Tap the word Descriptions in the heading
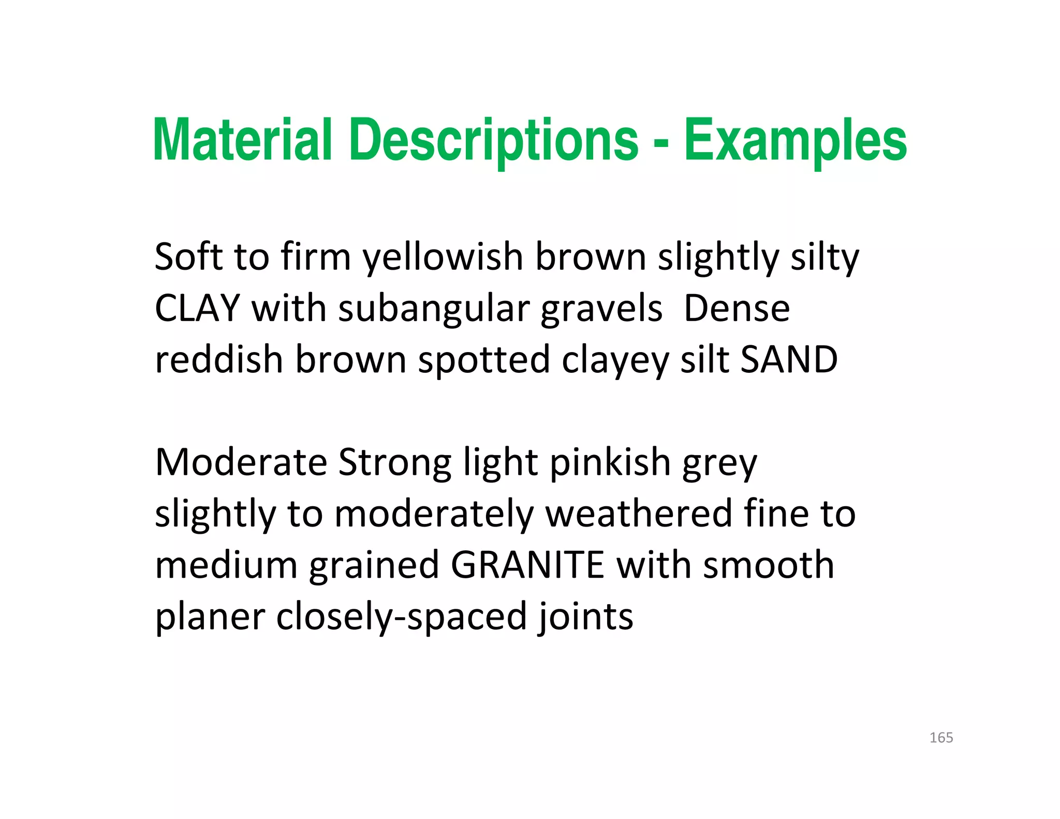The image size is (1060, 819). coord(494,141)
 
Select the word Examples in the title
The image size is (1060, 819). coord(795,141)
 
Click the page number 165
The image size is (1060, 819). coord(941,738)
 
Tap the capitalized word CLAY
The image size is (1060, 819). coord(197,308)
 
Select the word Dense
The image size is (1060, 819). coord(737,308)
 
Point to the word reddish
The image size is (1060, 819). coord(219,359)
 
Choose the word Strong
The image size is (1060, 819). coord(394,463)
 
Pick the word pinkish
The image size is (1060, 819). coord(610,462)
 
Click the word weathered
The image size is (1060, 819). coord(639,514)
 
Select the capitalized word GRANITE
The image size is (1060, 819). coord(527,565)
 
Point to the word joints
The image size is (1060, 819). coord(585,617)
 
